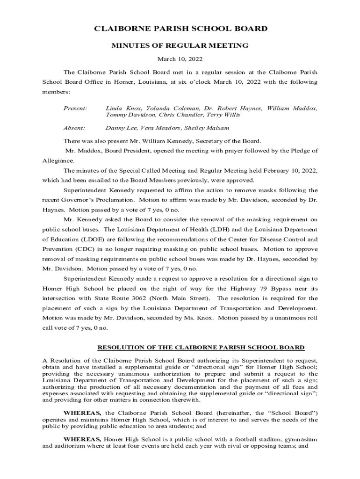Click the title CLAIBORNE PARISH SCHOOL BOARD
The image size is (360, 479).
coord(180,29)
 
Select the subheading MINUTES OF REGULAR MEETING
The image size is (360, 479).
coord(180,46)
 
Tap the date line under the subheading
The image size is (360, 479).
coord(180,59)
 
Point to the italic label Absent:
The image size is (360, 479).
coord(74,128)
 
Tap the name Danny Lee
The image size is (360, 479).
coord(119,128)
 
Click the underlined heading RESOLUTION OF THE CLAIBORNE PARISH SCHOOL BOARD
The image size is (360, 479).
coord(201,348)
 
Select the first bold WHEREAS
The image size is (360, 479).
coord(82,413)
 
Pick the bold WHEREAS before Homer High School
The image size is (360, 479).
coord(82,440)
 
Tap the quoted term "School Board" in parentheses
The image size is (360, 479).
coord(293,413)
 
